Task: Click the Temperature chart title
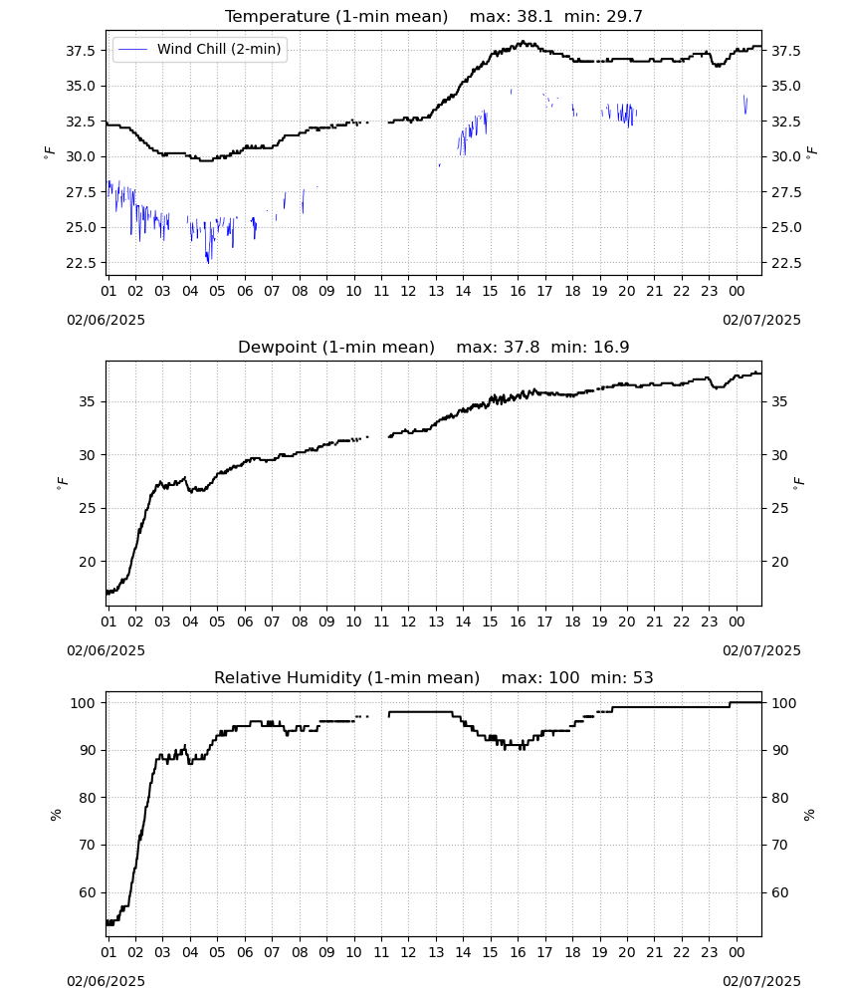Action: [434, 16]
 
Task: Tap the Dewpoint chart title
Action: [434, 347]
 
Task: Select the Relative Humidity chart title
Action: [434, 677]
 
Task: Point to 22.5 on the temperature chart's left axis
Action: [82, 262]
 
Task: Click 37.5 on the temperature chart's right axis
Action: [785, 51]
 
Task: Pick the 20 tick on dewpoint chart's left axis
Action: [87, 562]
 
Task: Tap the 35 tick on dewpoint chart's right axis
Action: [778, 401]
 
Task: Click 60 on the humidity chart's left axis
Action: [87, 892]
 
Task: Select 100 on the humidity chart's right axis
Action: [784, 703]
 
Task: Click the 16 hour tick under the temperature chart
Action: [518, 291]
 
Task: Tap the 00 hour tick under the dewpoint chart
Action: [737, 622]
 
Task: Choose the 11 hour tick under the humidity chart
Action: [381, 953]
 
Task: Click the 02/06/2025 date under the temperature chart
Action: [106, 320]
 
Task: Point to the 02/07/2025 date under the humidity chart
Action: [761, 981]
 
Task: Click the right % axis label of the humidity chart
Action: [809, 815]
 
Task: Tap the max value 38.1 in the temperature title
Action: [534, 16]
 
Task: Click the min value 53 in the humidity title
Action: [643, 677]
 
